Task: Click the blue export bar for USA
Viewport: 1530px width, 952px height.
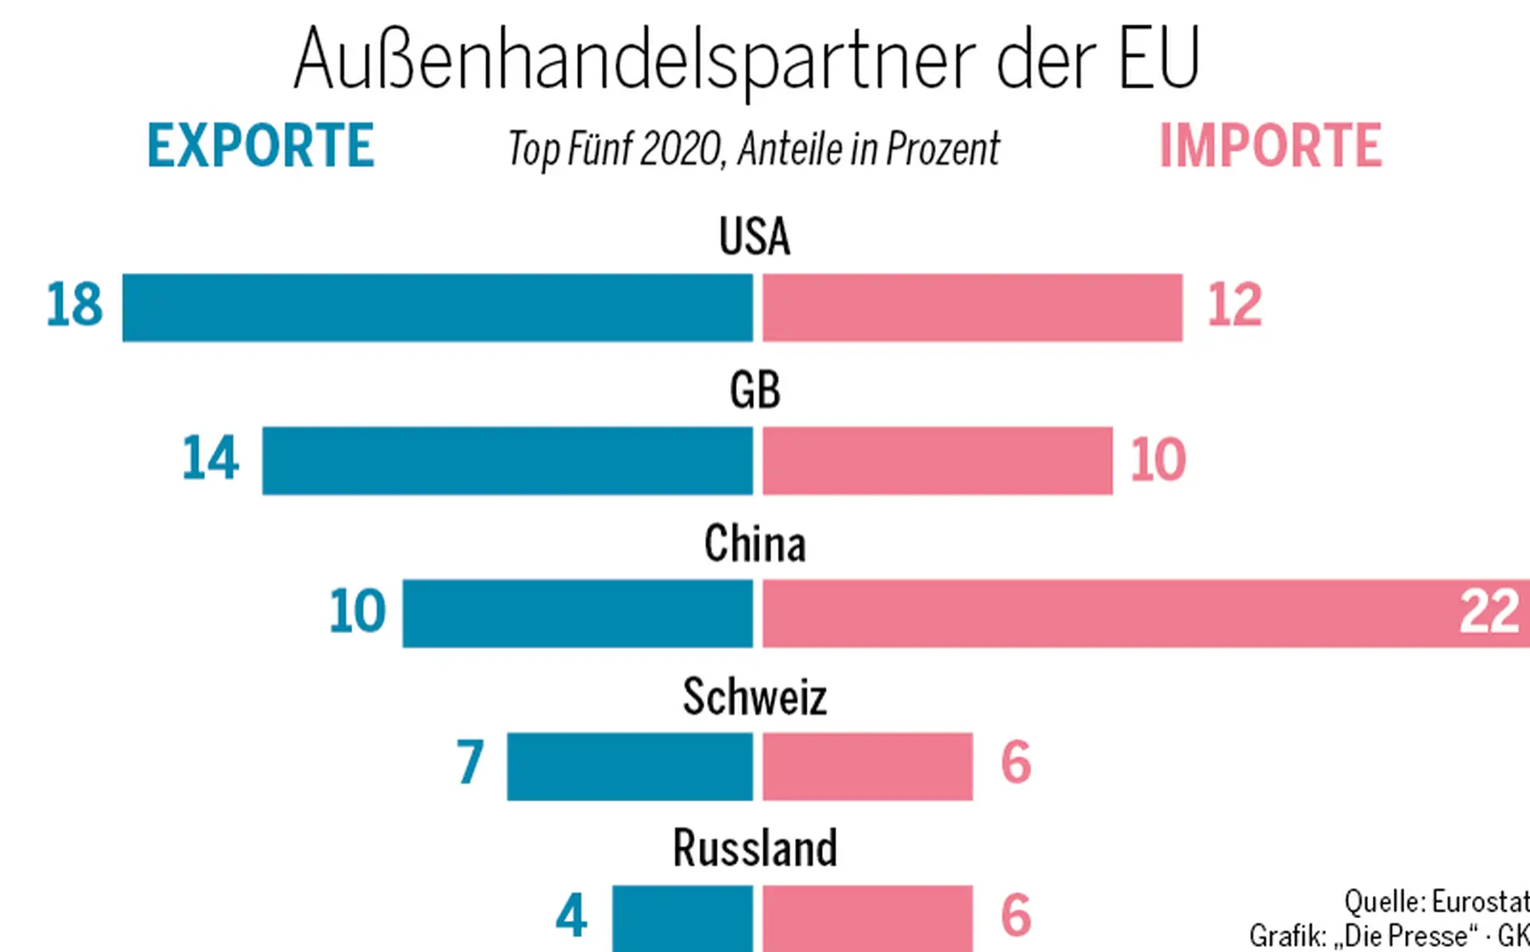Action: pos(437,308)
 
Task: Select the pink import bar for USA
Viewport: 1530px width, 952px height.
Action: pos(972,308)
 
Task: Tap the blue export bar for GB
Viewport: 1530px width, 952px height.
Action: pos(507,461)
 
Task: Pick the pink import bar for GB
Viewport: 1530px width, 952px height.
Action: pos(937,461)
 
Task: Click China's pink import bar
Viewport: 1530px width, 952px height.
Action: pos(1105,614)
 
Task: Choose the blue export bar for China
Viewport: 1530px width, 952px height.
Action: pos(577,614)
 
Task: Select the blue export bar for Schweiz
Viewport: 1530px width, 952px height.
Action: pos(629,766)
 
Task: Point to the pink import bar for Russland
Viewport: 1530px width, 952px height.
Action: pos(867,918)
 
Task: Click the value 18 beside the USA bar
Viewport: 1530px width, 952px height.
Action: pos(74,305)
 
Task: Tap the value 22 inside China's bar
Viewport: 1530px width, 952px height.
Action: pos(1488,612)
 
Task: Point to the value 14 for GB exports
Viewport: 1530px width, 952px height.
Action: pos(210,459)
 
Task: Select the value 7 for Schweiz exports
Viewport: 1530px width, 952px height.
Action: pos(470,762)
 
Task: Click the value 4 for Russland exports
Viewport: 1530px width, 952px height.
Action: pos(571,916)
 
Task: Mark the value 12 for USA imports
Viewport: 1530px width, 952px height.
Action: pos(1234,306)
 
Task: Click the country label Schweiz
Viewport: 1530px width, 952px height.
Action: pos(754,698)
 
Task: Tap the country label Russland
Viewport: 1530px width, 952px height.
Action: pos(754,848)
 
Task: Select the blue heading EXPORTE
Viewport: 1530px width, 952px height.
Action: pos(260,146)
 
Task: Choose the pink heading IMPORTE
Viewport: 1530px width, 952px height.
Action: pos(1270,146)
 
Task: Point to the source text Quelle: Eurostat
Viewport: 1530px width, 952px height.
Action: pos(1436,901)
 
